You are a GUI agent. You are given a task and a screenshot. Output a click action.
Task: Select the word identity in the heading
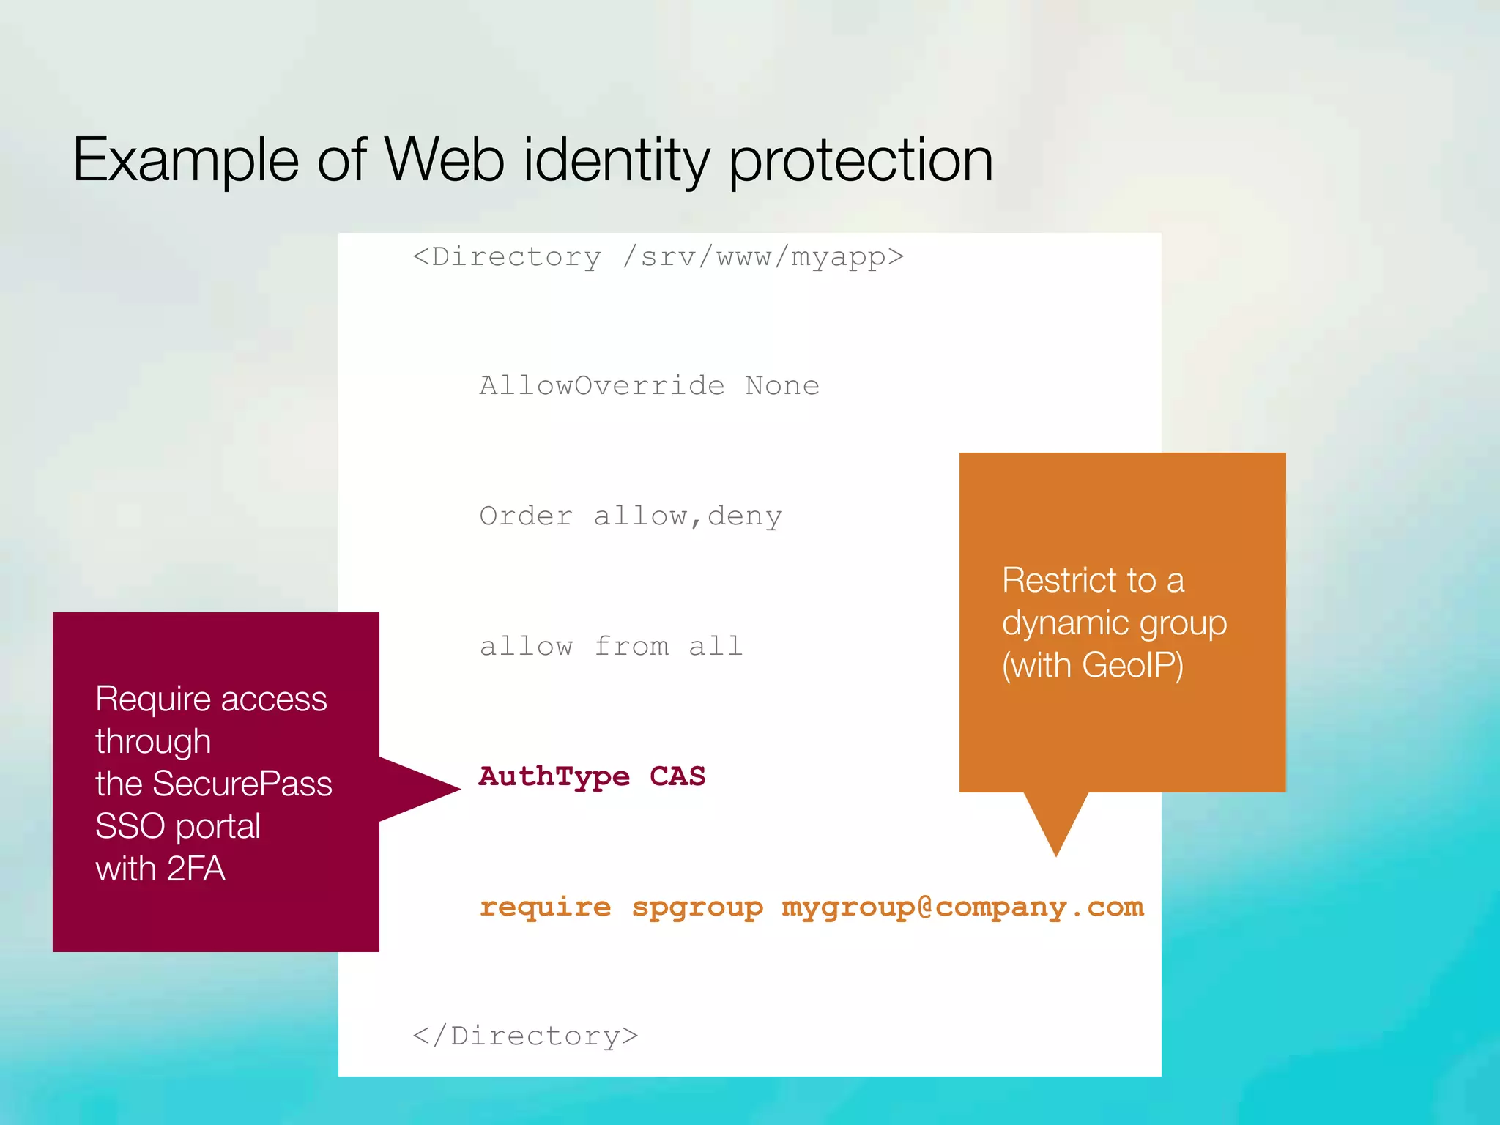pyautogui.click(x=616, y=160)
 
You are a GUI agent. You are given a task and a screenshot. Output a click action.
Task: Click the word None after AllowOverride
pyautogui.click(x=782, y=386)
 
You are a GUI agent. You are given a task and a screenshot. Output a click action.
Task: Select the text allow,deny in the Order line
pyautogui.click(x=688, y=516)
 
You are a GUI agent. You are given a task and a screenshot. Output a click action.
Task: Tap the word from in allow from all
pyautogui.click(x=631, y=647)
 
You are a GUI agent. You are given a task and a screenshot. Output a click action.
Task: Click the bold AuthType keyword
pyautogui.click(x=554, y=776)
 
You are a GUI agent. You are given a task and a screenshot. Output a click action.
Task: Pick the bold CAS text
pyautogui.click(x=677, y=776)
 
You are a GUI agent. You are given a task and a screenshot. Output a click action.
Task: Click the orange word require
pyautogui.click(x=545, y=907)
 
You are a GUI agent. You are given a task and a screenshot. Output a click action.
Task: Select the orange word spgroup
pyautogui.click(x=697, y=907)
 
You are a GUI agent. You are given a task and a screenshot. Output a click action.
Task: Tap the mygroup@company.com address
pyautogui.click(x=962, y=907)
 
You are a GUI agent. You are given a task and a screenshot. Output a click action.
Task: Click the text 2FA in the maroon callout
pyautogui.click(x=196, y=869)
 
